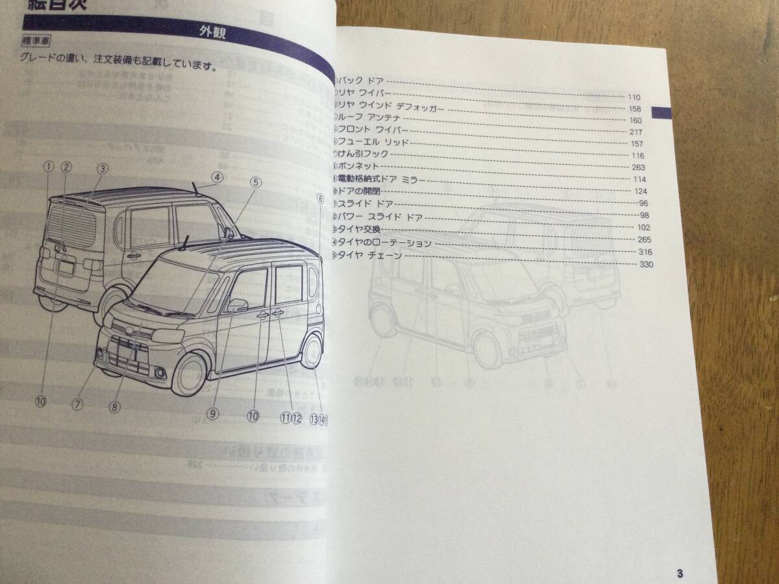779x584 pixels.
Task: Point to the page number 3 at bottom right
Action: [x=679, y=572]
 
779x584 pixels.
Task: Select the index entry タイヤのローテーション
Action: [x=383, y=244]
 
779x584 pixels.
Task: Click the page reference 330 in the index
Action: [x=646, y=265]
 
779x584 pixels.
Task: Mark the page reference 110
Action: [x=635, y=97]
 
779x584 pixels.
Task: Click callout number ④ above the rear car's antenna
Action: [x=217, y=176]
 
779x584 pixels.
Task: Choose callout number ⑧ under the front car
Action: [x=114, y=407]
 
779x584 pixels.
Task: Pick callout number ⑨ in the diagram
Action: [x=214, y=413]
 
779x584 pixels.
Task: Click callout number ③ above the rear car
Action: [x=102, y=168]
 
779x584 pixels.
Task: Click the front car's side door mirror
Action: [x=237, y=304]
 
